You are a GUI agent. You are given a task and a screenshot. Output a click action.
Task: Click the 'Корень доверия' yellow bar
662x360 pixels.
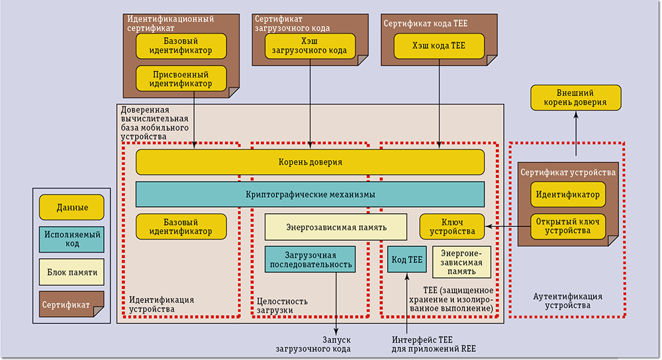point(310,162)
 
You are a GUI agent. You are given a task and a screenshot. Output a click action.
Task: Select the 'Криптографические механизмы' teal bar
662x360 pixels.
point(310,195)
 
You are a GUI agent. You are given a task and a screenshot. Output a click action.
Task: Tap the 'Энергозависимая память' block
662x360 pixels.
point(336,227)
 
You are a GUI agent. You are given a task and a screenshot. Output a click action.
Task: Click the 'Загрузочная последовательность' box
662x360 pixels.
point(310,260)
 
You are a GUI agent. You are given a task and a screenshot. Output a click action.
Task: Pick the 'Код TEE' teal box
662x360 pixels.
point(406,260)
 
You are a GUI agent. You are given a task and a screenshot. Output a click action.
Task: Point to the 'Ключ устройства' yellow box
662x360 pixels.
point(452,226)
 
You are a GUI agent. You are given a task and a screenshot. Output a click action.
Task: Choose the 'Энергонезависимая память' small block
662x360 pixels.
point(462,261)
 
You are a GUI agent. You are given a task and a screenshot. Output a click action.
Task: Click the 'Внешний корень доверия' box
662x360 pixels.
point(576,97)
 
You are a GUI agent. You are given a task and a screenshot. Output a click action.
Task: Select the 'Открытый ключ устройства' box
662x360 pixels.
point(567,226)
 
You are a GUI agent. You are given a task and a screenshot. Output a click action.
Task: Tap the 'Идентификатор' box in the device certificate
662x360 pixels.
point(567,195)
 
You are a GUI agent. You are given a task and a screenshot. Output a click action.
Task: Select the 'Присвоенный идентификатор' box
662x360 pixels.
point(181,79)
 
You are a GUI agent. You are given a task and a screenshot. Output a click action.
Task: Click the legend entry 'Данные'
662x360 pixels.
point(72,207)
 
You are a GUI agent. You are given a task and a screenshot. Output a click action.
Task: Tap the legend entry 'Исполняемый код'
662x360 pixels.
point(72,239)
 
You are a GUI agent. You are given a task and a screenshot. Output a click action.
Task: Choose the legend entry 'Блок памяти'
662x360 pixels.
point(72,271)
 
